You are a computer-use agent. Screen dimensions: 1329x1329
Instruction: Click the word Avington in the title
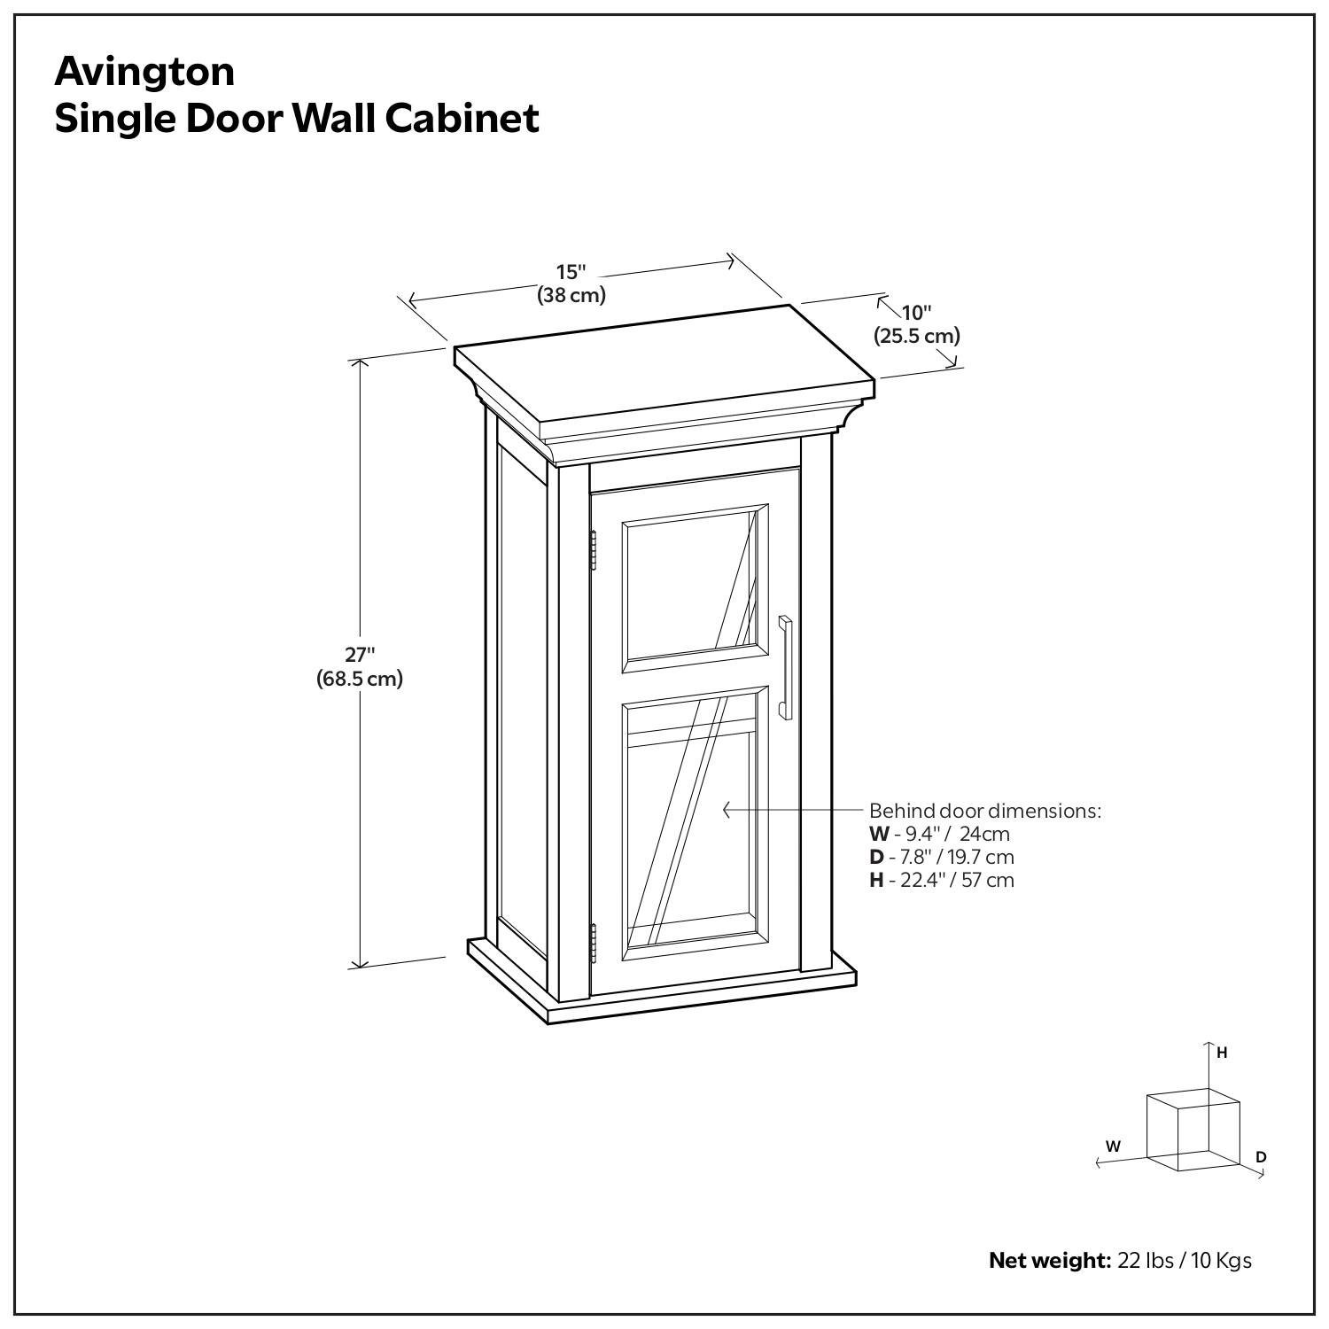click(144, 72)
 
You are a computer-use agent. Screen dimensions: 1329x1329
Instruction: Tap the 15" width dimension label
click(571, 272)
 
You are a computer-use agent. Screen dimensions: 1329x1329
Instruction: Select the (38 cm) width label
click(571, 295)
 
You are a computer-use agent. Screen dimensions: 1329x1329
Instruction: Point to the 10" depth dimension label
click(917, 313)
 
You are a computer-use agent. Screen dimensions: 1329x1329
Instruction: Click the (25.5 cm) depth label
click(917, 336)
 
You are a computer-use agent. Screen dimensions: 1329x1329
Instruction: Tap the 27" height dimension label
click(360, 655)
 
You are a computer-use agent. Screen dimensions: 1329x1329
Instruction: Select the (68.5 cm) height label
click(360, 679)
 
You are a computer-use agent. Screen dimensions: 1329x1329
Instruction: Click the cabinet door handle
click(785, 666)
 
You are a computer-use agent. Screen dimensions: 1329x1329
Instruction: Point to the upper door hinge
click(593, 551)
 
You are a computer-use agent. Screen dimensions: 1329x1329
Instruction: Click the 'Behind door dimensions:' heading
click(984, 811)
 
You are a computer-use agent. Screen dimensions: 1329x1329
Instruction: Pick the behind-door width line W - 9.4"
click(939, 834)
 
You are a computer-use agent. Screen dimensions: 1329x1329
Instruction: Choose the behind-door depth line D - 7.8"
click(941, 857)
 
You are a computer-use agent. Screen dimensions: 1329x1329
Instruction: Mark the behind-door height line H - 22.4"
click(941, 880)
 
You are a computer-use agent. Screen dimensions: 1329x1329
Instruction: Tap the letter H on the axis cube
click(1222, 1053)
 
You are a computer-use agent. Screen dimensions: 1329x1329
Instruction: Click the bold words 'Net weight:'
click(1049, 1260)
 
